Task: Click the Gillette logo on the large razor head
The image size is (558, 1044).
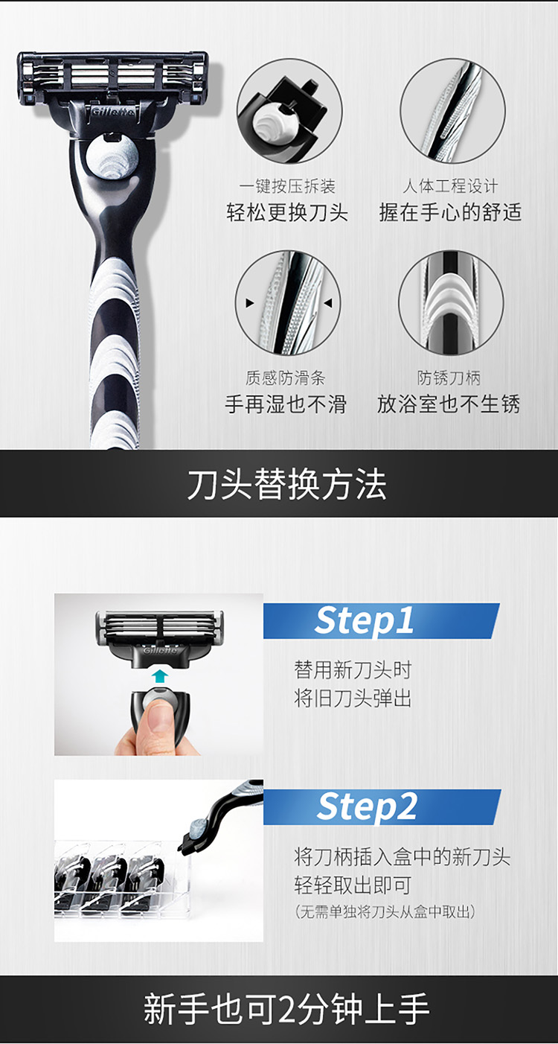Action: (113, 112)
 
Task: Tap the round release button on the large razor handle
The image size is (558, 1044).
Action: (112, 157)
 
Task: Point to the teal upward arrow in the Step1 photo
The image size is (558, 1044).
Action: (160, 676)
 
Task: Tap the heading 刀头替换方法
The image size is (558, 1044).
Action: (286, 484)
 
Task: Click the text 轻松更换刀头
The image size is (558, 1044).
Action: (287, 212)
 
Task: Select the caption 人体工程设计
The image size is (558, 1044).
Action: (450, 186)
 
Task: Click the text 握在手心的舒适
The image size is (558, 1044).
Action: (450, 212)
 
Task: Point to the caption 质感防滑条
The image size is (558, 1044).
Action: (286, 378)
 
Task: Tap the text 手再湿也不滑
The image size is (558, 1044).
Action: (286, 404)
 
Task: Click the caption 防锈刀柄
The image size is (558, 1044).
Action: (449, 378)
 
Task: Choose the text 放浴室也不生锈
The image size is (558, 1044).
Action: (449, 404)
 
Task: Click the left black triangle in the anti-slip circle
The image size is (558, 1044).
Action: (250, 303)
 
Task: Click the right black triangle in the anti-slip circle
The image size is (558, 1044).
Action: (328, 303)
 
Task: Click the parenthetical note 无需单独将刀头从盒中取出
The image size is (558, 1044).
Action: (385, 911)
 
